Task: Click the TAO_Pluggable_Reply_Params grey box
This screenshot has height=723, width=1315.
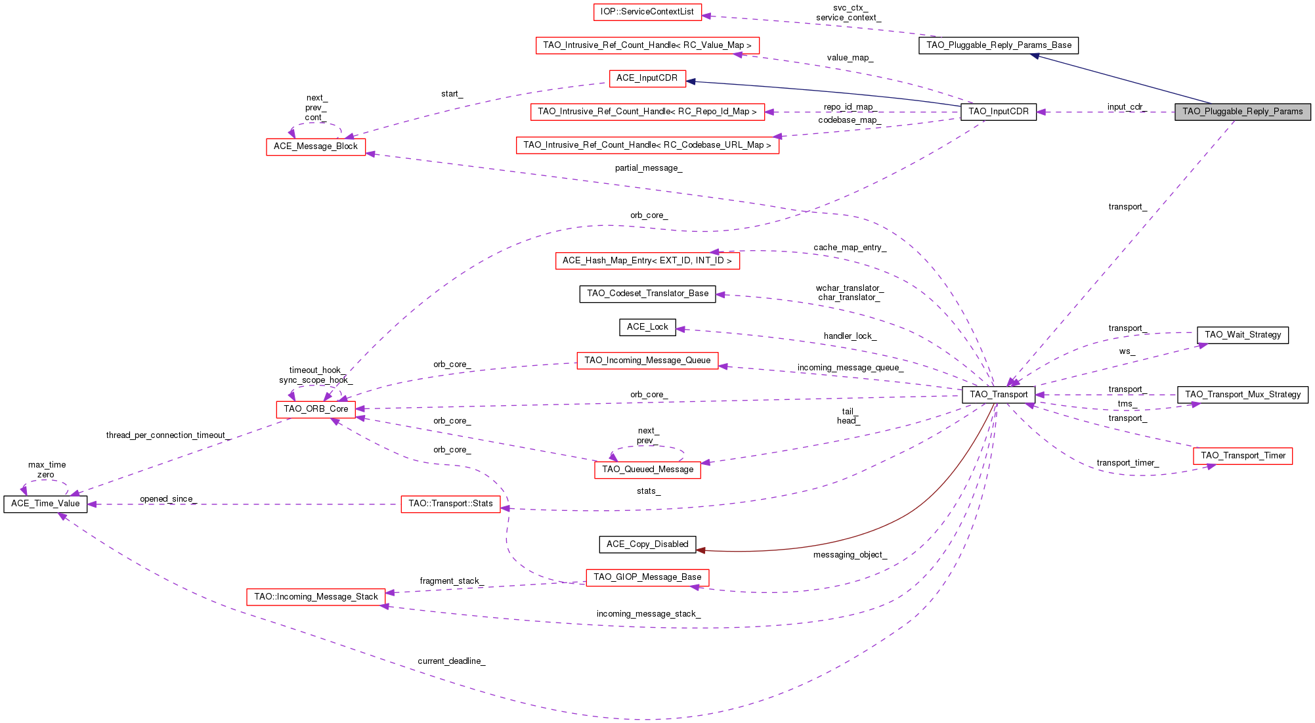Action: click(1242, 112)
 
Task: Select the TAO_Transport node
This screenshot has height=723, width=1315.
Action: click(998, 395)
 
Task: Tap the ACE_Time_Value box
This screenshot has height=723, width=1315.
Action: click(45, 504)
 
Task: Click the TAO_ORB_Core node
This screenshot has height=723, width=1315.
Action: click(316, 409)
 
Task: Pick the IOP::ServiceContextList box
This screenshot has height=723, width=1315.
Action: click(647, 12)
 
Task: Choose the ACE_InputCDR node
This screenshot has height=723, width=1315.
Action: click(647, 78)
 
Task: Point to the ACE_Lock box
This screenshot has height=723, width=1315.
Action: click(647, 327)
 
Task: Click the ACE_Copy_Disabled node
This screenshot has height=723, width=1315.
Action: click(647, 544)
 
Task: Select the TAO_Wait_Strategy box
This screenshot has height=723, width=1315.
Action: click(1242, 335)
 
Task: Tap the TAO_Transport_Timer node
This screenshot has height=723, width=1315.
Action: click(1242, 456)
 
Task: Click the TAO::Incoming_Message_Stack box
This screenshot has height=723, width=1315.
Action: click(316, 597)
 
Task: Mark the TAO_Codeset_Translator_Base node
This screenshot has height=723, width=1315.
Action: click(647, 294)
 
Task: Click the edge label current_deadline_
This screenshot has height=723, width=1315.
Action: click(451, 661)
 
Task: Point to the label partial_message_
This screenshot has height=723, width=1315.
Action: click(648, 168)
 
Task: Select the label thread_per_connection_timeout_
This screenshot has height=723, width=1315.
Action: click(167, 435)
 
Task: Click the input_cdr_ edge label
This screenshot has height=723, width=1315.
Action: click(1126, 107)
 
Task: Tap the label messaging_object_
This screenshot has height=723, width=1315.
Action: click(850, 555)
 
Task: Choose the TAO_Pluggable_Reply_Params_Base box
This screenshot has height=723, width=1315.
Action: click(998, 45)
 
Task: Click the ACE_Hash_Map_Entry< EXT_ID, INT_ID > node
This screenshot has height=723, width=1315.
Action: click(647, 261)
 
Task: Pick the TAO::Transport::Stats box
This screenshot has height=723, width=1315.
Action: click(450, 504)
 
